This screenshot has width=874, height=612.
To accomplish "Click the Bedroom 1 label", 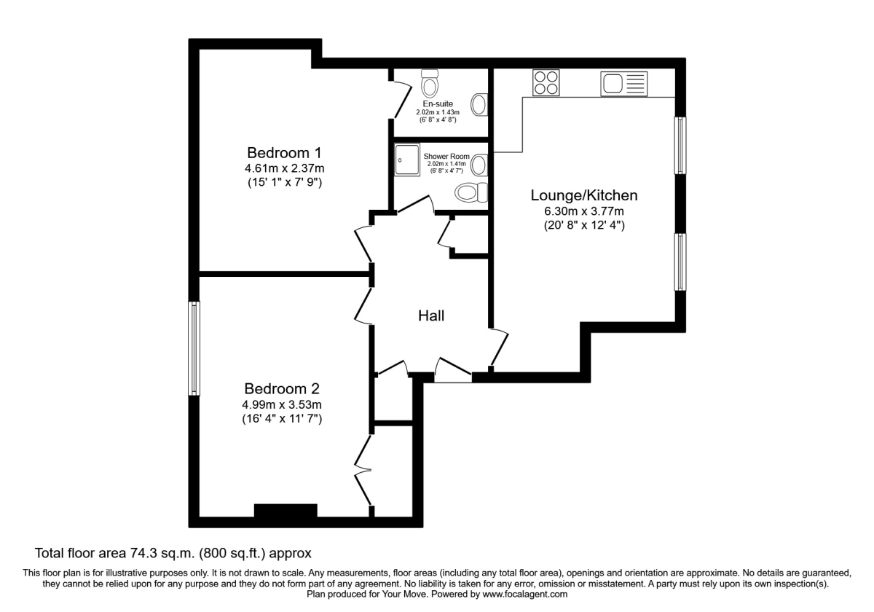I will coord(283,153).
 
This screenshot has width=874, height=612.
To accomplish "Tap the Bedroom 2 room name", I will coord(282,388).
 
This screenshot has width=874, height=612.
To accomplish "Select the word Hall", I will coord(431,315).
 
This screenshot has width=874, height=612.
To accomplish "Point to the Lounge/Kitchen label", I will coord(584,195).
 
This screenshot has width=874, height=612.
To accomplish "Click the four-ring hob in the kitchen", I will coord(546,82).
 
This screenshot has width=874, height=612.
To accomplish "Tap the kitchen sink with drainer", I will coord(623,84).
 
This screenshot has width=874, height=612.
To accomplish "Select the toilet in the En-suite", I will coord(430,85).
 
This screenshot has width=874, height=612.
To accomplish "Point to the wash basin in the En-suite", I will coord(479,104).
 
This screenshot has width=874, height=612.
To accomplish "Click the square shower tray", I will coord(408,160).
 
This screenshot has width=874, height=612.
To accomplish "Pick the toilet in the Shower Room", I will coord(470,193).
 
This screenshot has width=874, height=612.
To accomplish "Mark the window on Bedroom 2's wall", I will coord(194,349).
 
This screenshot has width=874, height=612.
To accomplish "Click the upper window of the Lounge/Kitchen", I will coord(680,145).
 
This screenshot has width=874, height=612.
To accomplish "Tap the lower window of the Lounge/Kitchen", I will coord(680,262).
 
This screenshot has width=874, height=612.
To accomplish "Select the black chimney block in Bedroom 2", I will coord(286,511).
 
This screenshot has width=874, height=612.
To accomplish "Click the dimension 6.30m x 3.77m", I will coord(584,211).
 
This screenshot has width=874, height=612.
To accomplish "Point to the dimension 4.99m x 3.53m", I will coord(283,404).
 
